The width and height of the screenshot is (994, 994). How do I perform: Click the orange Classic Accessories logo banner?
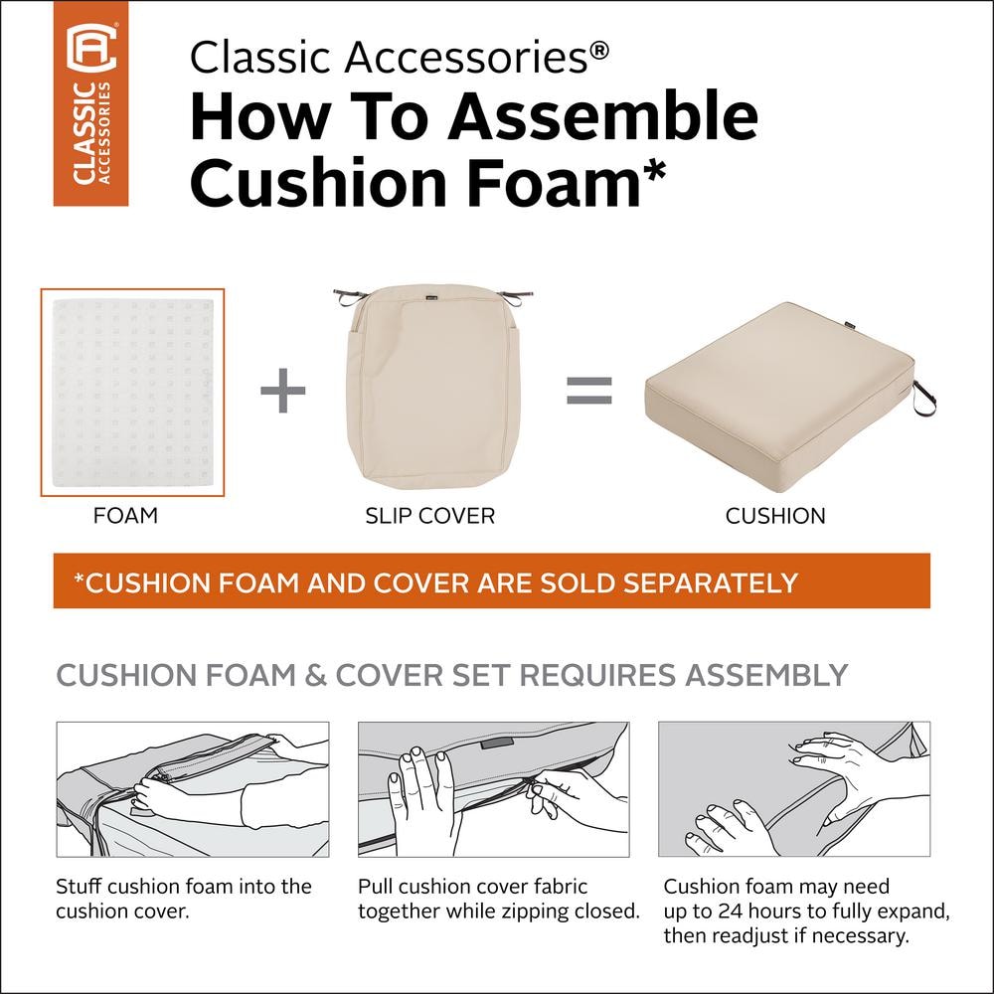(x=90, y=103)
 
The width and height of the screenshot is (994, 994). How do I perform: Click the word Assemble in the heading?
(x=602, y=116)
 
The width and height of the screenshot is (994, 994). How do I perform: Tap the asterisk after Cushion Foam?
(x=655, y=171)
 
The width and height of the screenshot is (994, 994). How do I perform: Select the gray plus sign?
(x=283, y=391)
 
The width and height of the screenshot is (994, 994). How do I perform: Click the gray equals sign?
(x=588, y=391)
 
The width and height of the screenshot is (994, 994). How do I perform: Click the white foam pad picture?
(x=132, y=393)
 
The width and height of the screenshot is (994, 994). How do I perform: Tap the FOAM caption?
(x=125, y=515)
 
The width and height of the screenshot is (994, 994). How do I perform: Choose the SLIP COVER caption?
(x=429, y=516)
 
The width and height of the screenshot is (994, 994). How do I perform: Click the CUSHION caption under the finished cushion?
(x=775, y=516)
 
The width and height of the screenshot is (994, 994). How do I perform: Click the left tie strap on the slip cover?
(x=351, y=295)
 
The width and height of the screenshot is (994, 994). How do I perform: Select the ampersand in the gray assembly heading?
(x=315, y=675)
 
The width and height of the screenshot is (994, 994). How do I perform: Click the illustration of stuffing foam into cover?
(x=193, y=789)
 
